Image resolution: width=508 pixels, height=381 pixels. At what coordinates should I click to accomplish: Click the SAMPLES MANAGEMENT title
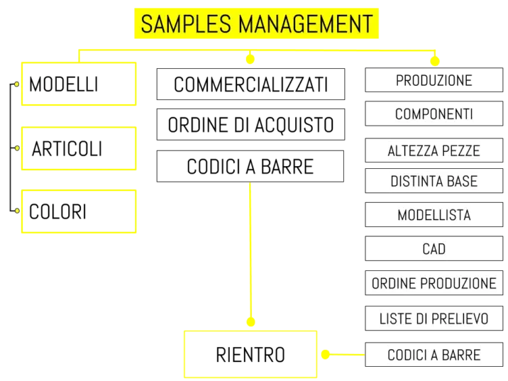[x=256, y=23]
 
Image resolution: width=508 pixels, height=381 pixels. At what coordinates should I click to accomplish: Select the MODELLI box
[x=79, y=84]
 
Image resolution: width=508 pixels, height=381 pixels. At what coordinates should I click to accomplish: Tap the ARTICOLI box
[x=79, y=148]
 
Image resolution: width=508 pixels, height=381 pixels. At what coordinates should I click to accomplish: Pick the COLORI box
[x=79, y=211]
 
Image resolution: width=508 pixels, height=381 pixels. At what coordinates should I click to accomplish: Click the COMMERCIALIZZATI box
[x=250, y=84]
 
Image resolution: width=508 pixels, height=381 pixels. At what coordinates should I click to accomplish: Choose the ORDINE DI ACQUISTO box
[x=250, y=124]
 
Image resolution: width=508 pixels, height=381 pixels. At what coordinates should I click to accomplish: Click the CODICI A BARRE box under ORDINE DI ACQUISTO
[x=250, y=166]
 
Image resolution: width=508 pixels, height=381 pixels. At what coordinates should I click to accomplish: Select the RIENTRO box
[x=250, y=354]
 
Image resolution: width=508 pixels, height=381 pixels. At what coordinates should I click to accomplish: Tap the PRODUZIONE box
[x=434, y=80]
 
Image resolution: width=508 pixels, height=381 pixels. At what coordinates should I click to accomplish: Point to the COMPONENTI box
[x=434, y=114]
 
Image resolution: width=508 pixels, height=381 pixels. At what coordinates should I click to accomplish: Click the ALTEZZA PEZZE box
[x=434, y=150]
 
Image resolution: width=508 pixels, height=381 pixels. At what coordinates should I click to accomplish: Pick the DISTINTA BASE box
[x=434, y=181]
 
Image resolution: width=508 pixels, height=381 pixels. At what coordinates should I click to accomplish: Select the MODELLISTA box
[x=434, y=214]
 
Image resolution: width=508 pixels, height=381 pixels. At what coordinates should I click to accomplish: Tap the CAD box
[x=434, y=248]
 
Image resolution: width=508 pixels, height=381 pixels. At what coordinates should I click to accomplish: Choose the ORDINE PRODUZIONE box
[x=434, y=283]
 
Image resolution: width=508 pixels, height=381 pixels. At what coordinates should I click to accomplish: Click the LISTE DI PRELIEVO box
[x=434, y=318]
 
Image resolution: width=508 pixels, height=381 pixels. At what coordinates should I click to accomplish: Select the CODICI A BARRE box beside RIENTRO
[x=434, y=355]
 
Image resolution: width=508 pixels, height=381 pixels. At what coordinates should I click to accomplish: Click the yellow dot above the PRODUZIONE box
[x=435, y=60]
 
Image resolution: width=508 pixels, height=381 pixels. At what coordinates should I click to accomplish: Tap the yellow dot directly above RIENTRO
[x=250, y=321]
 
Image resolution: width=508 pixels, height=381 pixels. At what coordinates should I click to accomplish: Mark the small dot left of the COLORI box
[x=17, y=211]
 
